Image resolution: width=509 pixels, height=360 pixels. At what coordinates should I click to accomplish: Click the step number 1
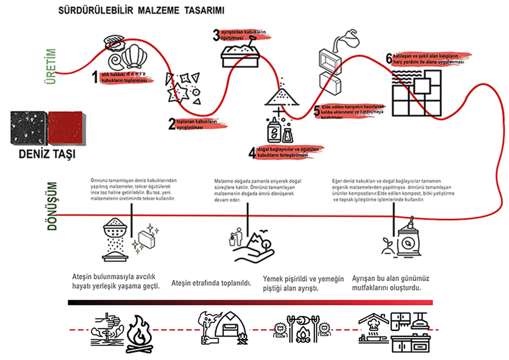pos(95,77)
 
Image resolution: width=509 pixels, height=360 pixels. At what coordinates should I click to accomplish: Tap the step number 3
pos(216,34)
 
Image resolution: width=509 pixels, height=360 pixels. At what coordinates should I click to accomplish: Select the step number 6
pos(389,59)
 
